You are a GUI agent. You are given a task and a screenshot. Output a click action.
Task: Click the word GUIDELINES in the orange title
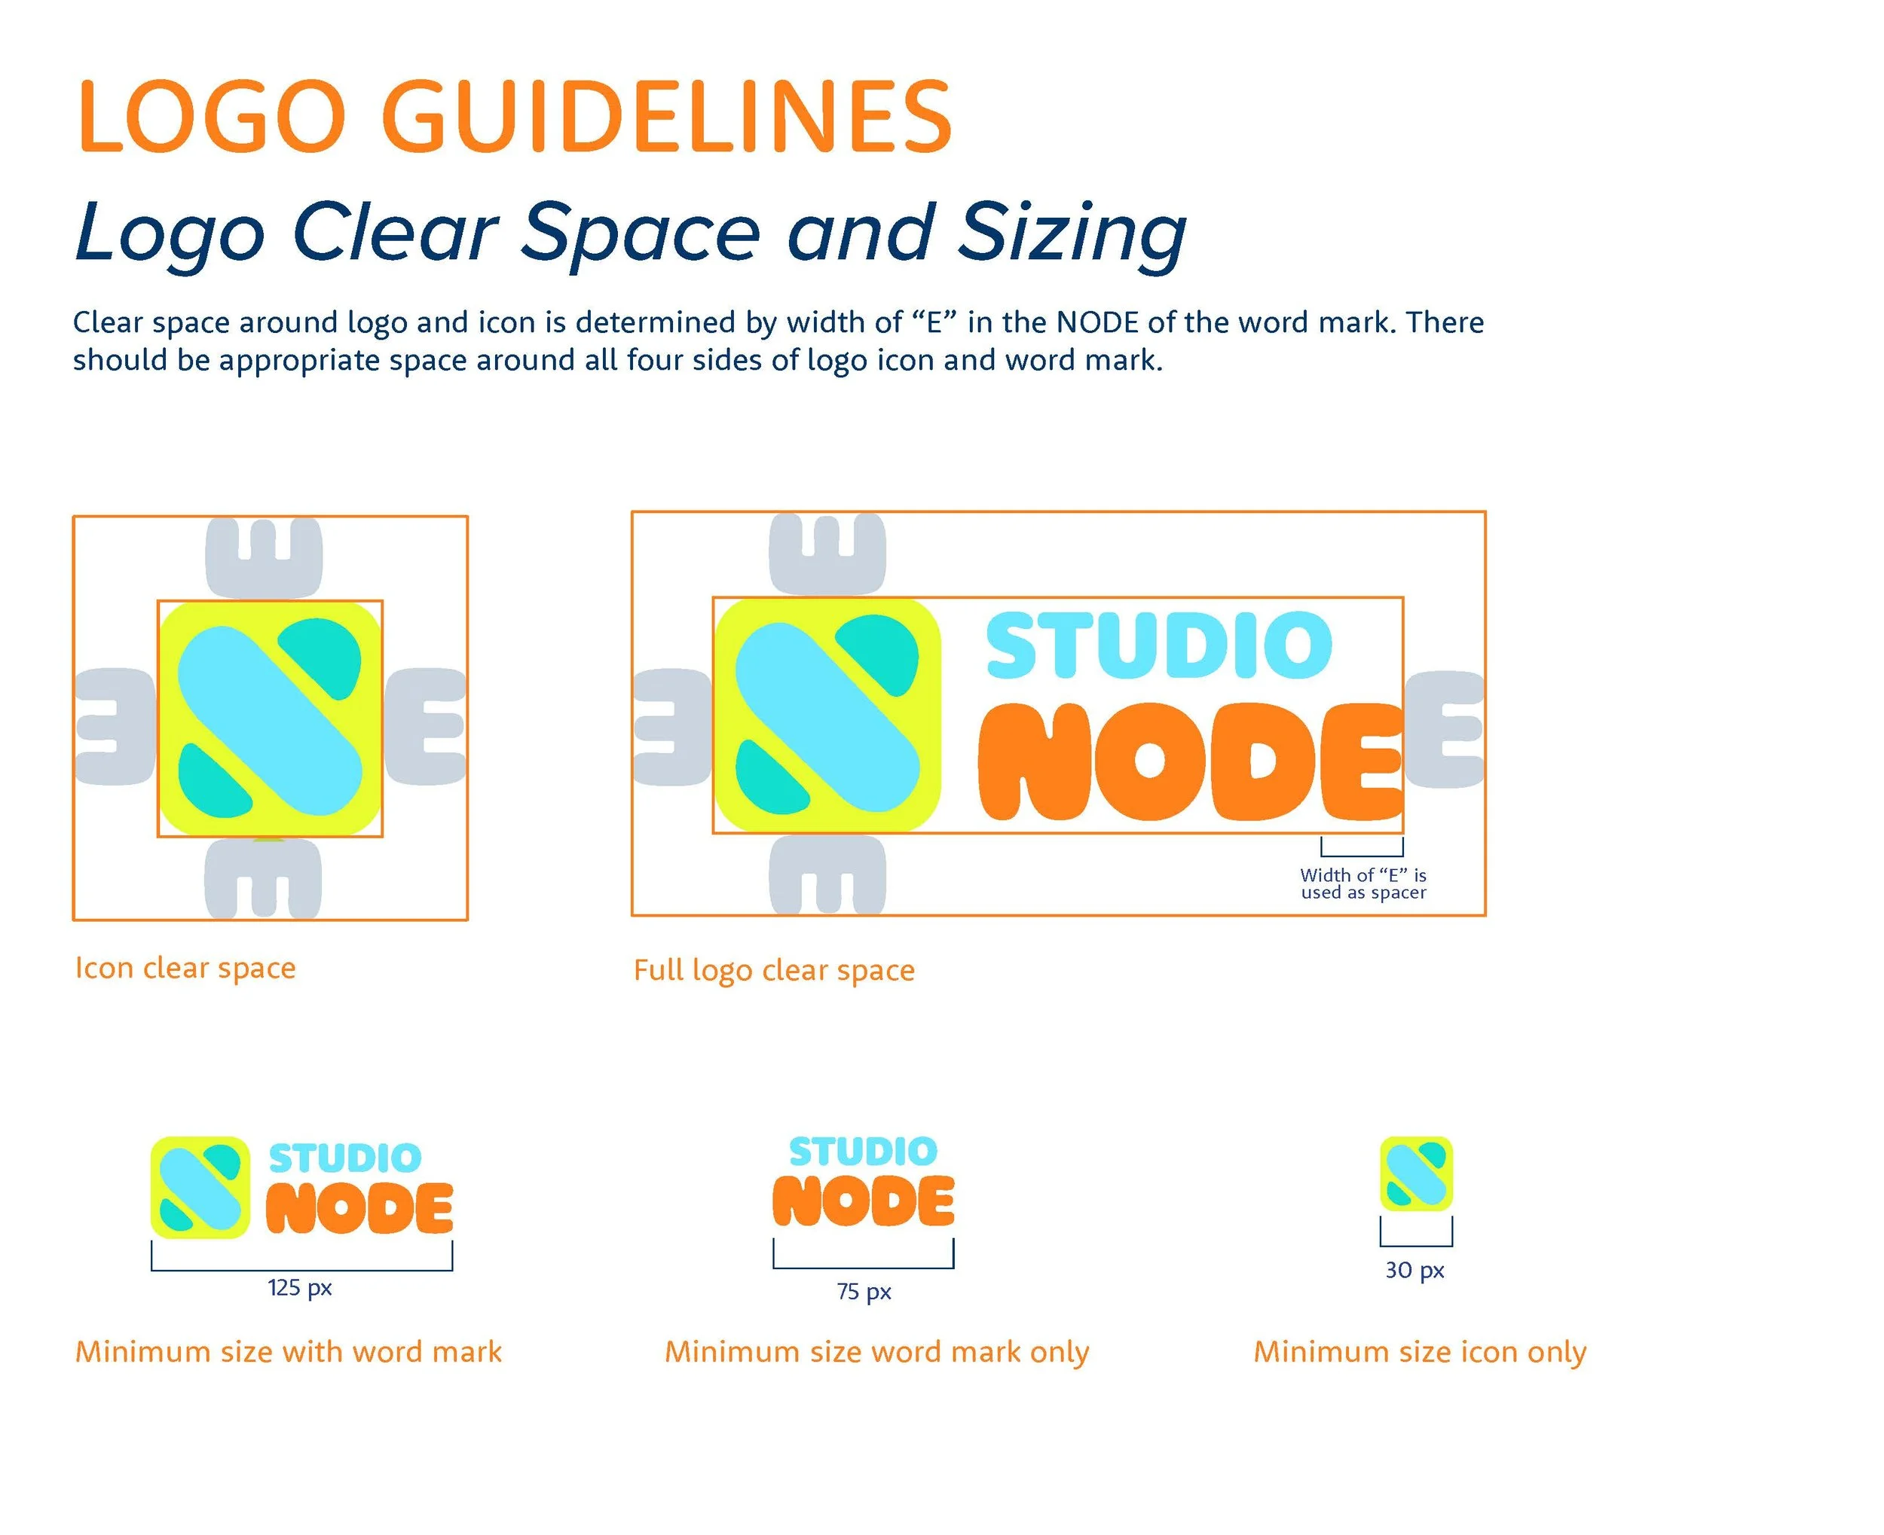pos(667,117)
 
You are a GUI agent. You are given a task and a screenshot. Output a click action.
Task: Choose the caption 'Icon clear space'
pos(185,968)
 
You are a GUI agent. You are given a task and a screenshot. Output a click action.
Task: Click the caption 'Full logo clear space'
pos(774,970)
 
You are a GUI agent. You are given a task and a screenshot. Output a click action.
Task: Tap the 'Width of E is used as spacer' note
pos(1363,883)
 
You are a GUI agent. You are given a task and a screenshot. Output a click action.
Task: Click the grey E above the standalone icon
pos(264,557)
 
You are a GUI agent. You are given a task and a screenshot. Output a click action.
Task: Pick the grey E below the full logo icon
pos(827,874)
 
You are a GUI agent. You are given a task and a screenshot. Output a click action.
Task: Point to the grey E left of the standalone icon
pos(115,727)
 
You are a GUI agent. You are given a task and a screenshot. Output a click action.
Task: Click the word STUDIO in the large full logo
pos(1159,645)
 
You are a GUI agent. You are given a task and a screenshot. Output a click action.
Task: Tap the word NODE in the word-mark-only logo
pos(864,1201)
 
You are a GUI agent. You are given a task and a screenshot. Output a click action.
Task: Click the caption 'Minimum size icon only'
pos(1420,1351)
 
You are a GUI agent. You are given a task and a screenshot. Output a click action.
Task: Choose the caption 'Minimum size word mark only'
pos(876,1351)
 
